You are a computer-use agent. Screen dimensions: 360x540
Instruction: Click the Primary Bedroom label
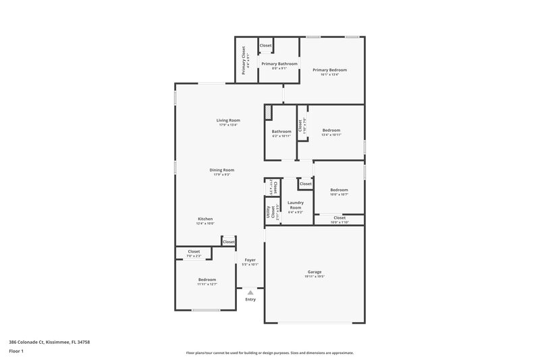(329, 70)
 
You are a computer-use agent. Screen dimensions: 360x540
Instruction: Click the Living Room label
(228, 120)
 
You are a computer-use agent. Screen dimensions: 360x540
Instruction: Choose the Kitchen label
(205, 219)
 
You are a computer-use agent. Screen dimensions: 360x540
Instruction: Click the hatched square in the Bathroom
(268, 111)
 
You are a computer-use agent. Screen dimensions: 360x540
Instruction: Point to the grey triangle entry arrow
(250, 292)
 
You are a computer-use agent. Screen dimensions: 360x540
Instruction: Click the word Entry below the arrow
(250, 299)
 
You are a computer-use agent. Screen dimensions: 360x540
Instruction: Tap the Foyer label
(250, 260)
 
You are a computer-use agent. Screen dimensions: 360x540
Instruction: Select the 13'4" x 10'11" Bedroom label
(331, 130)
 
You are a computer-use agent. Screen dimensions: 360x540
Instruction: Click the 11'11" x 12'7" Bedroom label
(207, 280)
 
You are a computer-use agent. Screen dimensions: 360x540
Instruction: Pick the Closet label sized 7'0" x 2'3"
(194, 252)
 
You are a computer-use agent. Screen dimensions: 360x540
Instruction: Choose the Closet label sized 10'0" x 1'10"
(339, 218)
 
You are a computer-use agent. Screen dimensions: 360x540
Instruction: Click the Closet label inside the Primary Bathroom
(265, 45)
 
